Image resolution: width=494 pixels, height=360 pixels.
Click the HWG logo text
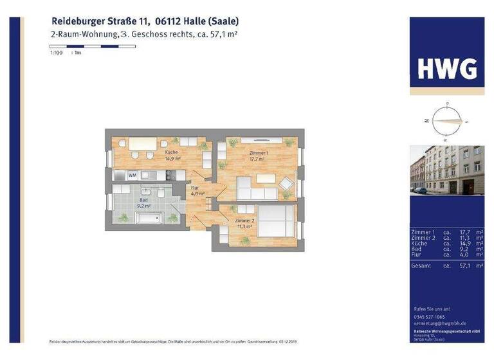[447, 68]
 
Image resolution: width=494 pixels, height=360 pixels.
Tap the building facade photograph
[447, 170]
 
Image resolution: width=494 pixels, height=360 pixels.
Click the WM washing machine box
[133, 174]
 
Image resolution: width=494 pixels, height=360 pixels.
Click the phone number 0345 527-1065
[429, 317]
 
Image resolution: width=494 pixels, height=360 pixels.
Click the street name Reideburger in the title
[77, 21]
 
